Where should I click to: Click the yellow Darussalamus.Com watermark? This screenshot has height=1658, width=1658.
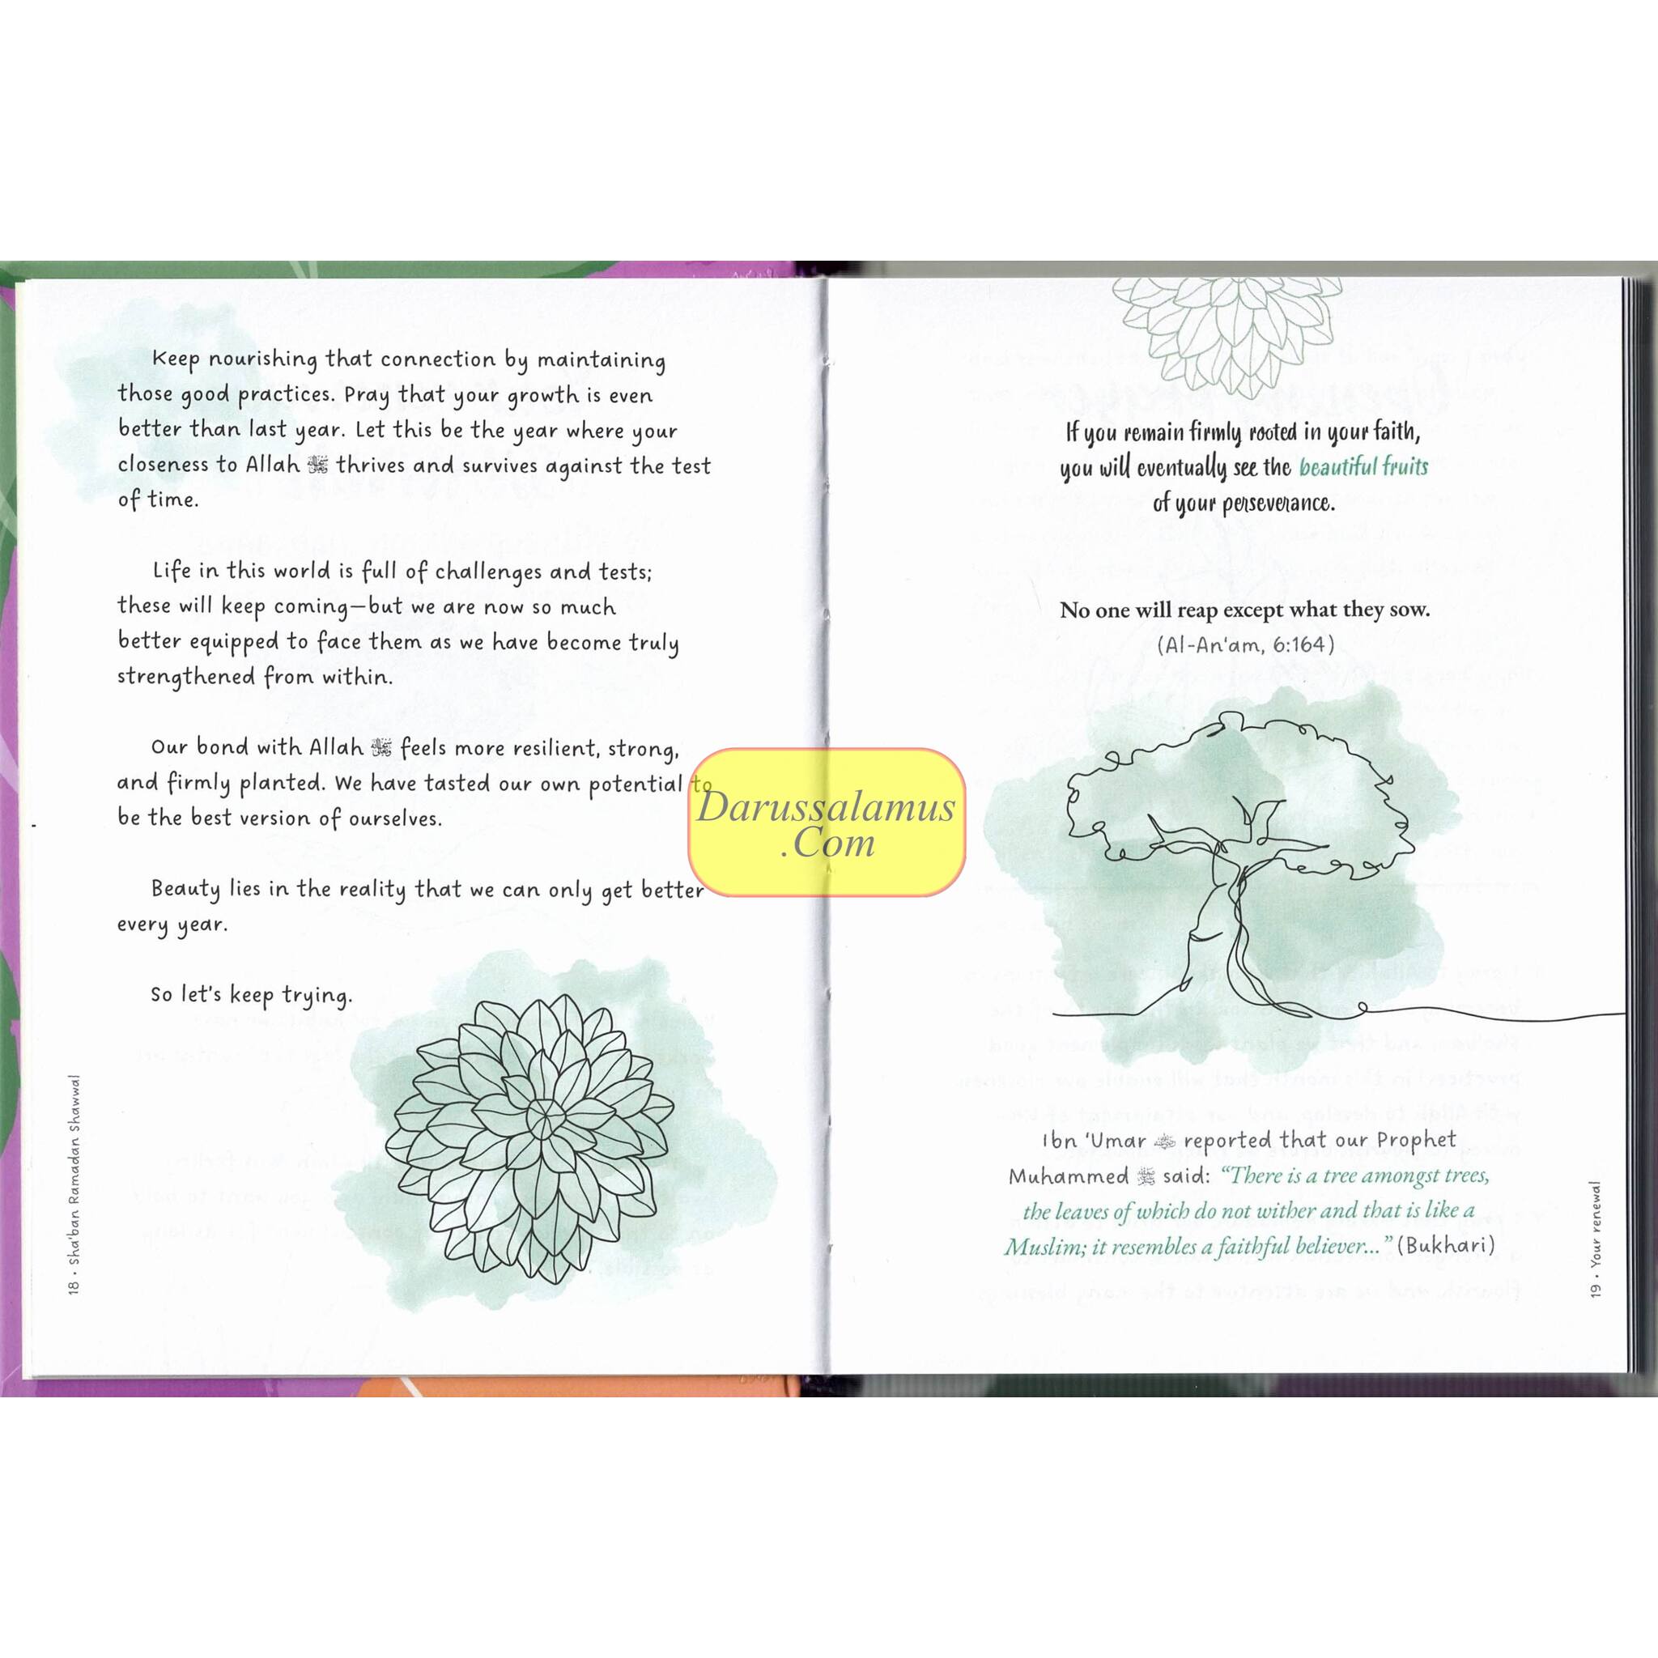[827, 823]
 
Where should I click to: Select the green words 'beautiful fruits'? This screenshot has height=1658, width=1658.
[1363, 468]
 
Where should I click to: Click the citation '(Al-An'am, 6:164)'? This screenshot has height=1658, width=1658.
[1245, 644]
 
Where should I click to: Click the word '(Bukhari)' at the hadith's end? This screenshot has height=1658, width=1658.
[1446, 1245]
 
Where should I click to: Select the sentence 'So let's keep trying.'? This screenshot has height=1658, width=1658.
[252, 995]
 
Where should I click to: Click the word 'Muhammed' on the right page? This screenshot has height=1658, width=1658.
[1069, 1175]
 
